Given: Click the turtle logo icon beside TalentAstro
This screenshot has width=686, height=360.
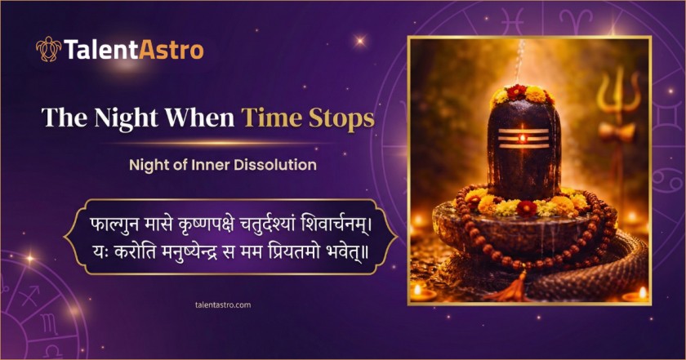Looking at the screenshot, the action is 48,49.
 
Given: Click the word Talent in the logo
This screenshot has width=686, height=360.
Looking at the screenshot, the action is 101,50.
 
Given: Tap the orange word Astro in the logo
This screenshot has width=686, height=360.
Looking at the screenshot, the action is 171,50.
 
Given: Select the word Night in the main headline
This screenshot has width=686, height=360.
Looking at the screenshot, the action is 126,118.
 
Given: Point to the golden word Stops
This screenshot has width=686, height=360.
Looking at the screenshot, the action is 341,118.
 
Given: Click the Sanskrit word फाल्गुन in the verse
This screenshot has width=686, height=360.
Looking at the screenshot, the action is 114,224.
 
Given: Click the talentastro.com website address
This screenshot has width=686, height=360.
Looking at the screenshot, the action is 223,304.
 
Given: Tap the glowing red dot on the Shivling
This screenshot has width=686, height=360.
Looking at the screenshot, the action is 523,139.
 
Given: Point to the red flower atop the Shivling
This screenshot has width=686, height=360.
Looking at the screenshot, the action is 517,92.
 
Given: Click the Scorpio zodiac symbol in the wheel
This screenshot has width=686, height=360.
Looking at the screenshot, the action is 50,325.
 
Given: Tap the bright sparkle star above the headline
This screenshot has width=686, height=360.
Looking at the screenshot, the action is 360,41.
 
